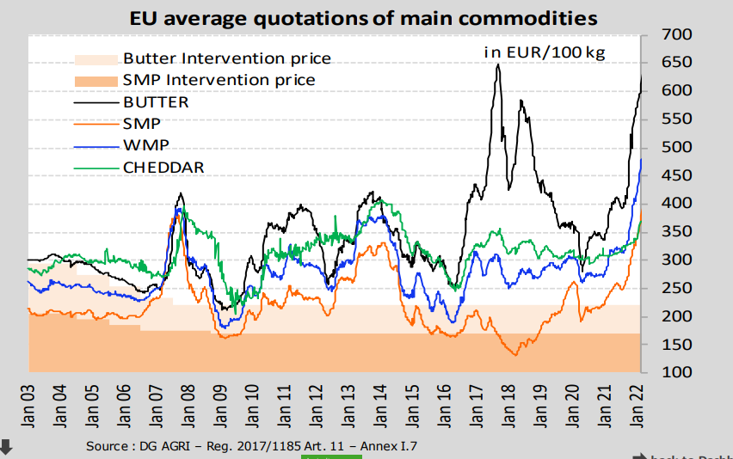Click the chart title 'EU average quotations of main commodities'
(x=363, y=19)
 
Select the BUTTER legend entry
(x=156, y=102)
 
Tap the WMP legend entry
(x=146, y=145)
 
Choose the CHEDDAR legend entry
(x=163, y=167)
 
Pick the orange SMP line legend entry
(x=142, y=124)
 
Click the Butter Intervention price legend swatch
(x=95, y=60)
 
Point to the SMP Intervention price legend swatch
(x=95, y=82)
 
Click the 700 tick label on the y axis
(x=676, y=34)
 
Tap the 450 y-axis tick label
(x=676, y=175)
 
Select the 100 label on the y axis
(x=676, y=372)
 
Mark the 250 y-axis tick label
(x=676, y=288)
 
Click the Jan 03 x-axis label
(x=28, y=406)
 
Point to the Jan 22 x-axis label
(x=637, y=406)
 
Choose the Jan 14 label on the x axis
(x=380, y=406)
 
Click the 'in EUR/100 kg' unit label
(x=545, y=52)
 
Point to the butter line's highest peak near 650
(x=498, y=65)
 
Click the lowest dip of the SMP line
(x=515, y=355)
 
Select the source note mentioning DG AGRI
(x=251, y=446)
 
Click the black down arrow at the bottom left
(x=6, y=447)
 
